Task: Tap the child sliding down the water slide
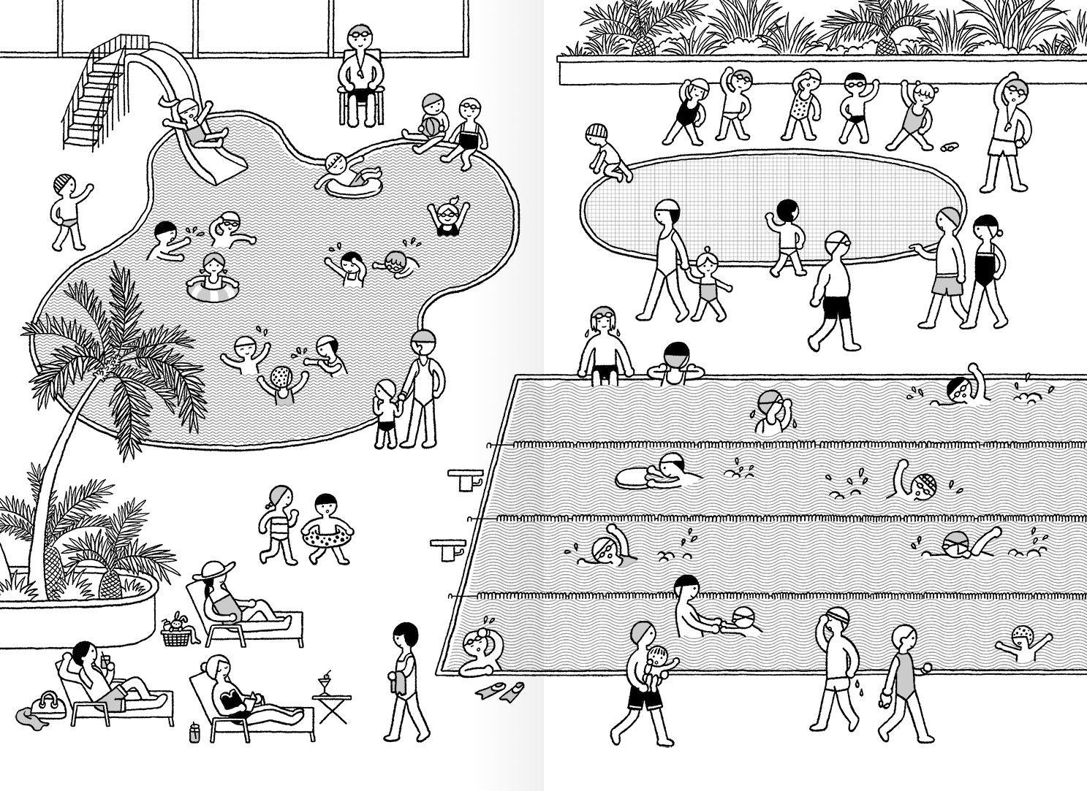pyautogui.click(x=194, y=124)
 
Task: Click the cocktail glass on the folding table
pyautogui.click(x=324, y=684)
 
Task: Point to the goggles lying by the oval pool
pyautogui.click(x=948, y=148)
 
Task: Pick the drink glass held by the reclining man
pyautogui.click(x=106, y=661)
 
